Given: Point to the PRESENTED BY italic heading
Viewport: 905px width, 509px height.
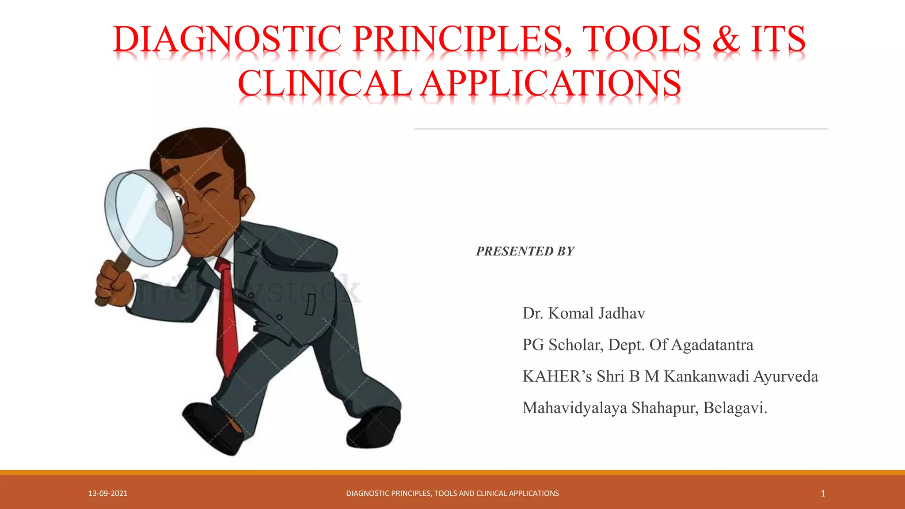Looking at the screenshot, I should pyautogui.click(x=525, y=251).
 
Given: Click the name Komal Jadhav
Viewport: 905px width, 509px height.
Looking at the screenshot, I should pyautogui.click(x=596, y=313).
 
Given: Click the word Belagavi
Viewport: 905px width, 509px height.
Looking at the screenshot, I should pyautogui.click(x=734, y=408).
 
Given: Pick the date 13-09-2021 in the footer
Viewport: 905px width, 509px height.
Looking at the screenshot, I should pyautogui.click(x=108, y=494).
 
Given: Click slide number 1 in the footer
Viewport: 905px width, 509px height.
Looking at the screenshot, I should pyautogui.click(x=822, y=494).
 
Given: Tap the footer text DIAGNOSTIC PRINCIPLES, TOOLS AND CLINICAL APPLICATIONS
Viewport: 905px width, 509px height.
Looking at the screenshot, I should pyautogui.click(x=452, y=494).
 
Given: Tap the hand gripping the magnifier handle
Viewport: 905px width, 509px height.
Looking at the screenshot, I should pyautogui.click(x=114, y=283).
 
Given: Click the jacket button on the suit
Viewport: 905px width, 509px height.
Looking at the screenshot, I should pyautogui.click(x=280, y=317).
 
